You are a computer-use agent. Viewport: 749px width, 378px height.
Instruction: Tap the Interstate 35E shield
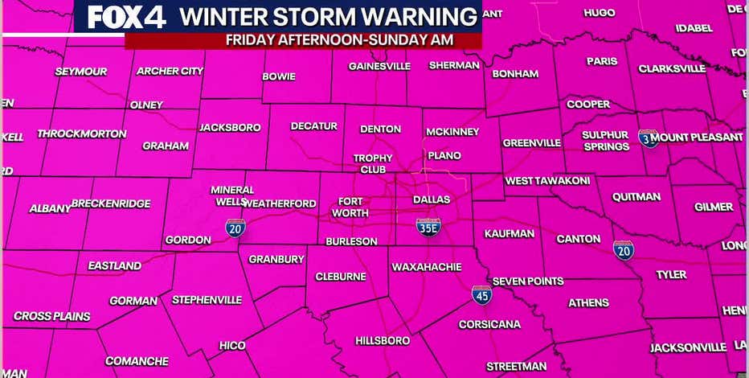click(x=428, y=228)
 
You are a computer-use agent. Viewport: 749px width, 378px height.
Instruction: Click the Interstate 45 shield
click(x=481, y=294)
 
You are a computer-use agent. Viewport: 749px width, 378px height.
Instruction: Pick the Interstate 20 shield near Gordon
click(x=235, y=228)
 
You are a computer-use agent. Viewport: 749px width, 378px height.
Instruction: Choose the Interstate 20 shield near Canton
click(x=624, y=249)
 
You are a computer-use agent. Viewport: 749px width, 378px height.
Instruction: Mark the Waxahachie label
click(x=425, y=266)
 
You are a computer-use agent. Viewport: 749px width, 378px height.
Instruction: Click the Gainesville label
click(x=379, y=66)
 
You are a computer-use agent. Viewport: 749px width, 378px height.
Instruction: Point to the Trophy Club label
click(x=373, y=163)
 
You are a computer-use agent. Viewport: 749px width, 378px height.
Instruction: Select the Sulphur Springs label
click(x=606, y=141)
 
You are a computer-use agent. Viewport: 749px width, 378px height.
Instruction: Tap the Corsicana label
click(x=489, y=325)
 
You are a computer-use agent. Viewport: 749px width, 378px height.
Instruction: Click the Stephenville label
click(x=207, y=300)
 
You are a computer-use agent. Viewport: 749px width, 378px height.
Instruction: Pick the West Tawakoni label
click(x=547, y=181)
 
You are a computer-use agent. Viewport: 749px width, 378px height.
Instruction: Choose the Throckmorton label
click(x=82, y=134)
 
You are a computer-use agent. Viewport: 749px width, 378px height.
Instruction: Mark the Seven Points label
click(x=527, y=281)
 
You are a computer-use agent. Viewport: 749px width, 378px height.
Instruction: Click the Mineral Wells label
click(x=230, y=195)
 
